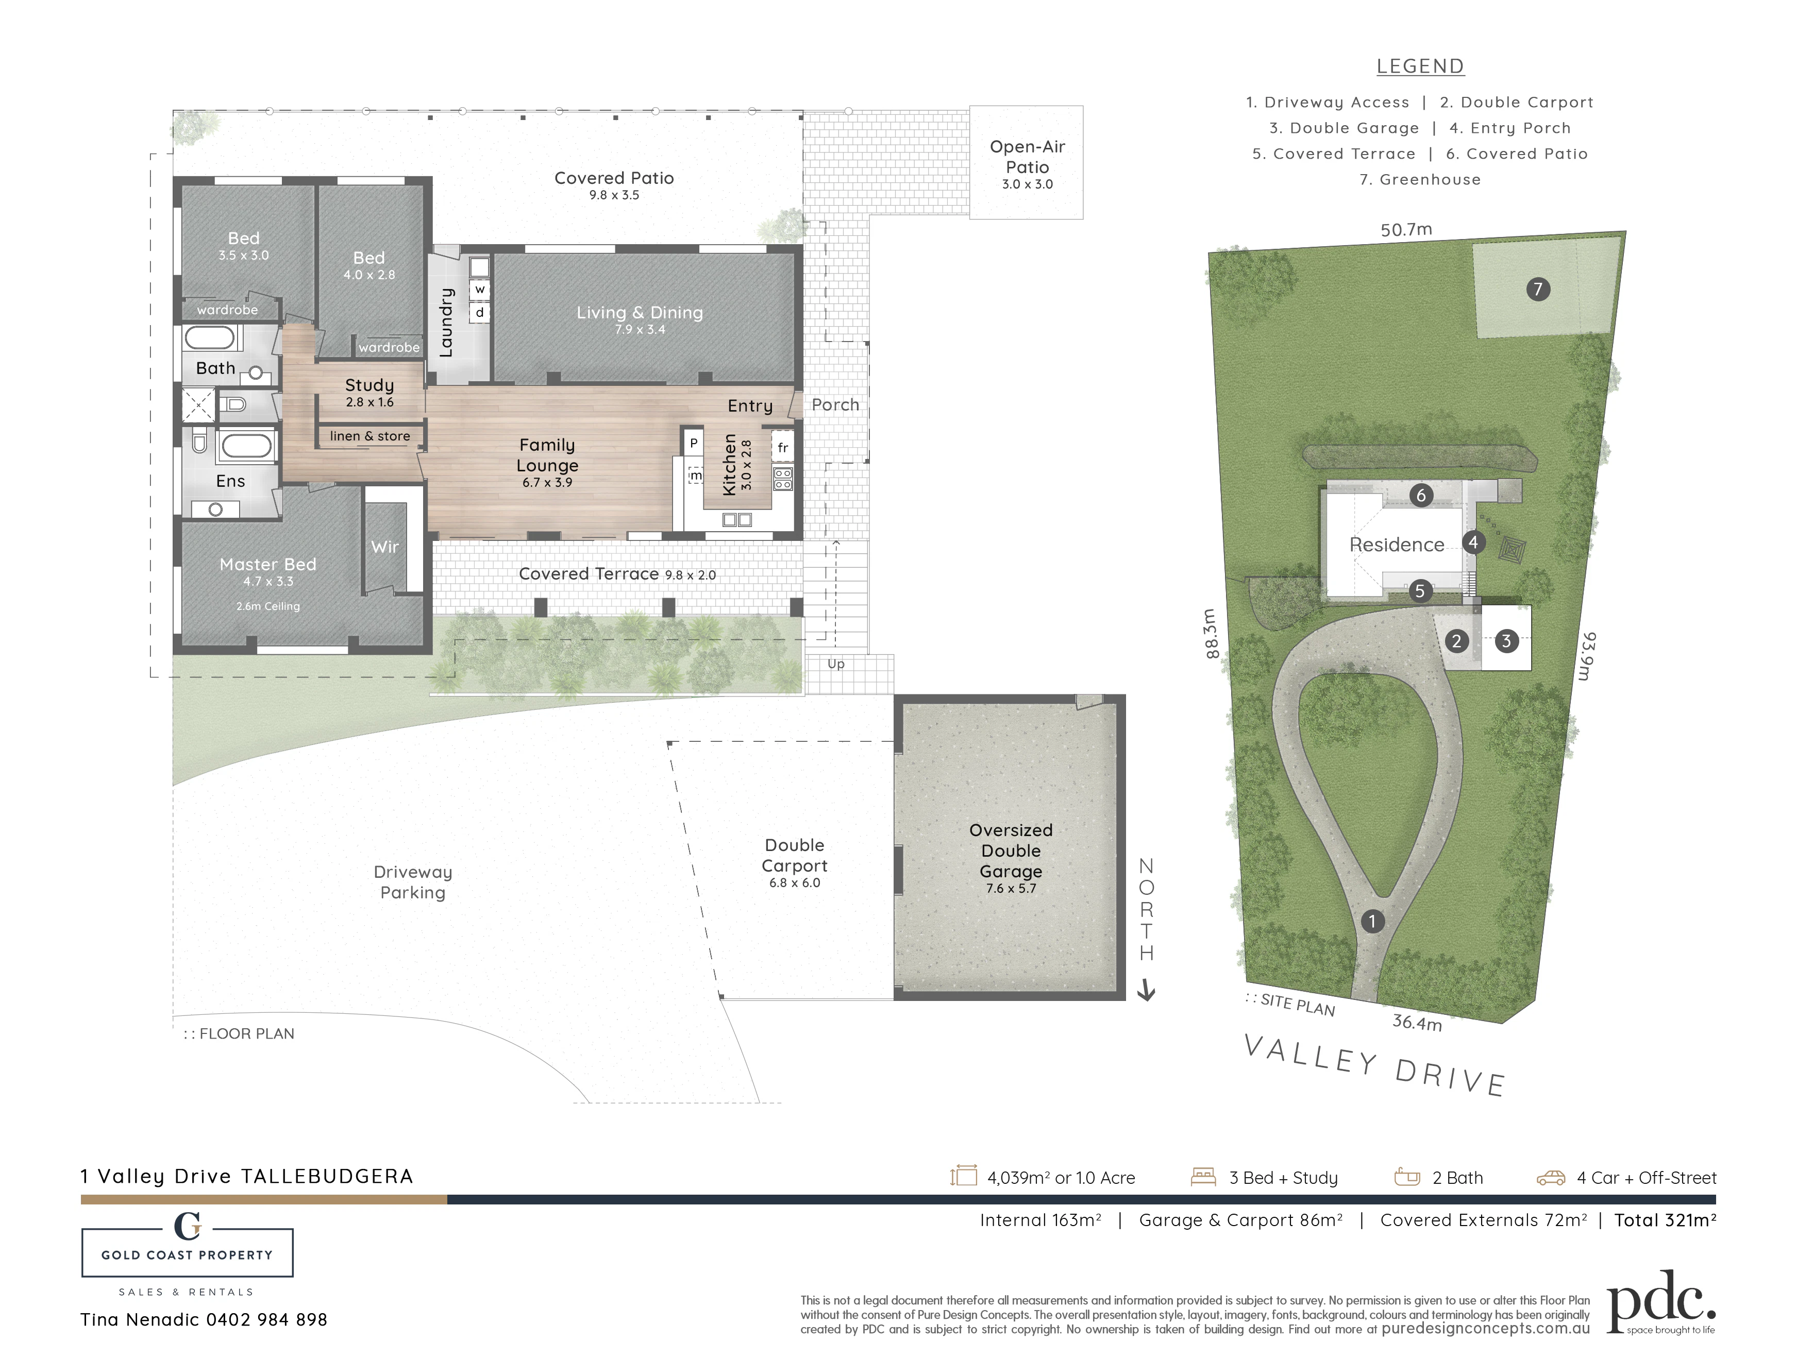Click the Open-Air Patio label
point(1027,157)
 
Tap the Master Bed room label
point(268,565)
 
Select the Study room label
point(370,385)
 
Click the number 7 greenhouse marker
point(1538,289)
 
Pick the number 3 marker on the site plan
point(1506,641)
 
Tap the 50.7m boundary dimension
point(1406,230)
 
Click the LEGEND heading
point(1420,66)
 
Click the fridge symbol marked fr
point(783,447)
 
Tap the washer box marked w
point(479,289)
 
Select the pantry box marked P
point(693,443)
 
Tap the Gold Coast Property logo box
point(188,1252)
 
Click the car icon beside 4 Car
point(1551,1178)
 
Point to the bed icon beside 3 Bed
point(1203,1177)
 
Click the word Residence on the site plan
point(1397,545)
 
